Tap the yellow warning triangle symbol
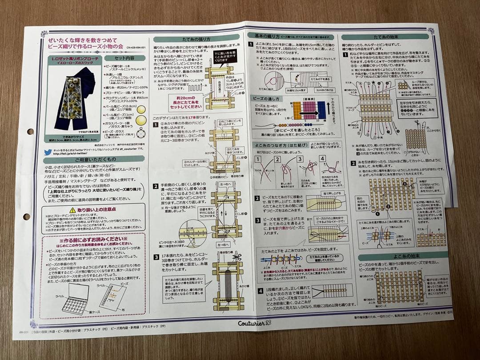[72, 210]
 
